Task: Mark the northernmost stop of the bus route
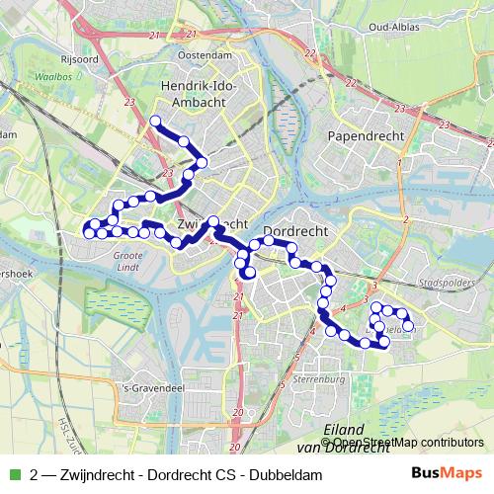point(155,122)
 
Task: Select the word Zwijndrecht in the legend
point(96,475)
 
